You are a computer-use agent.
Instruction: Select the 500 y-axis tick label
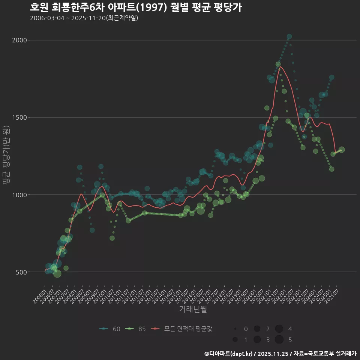[x=22, y=272]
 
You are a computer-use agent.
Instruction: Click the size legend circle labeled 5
[x=279, y=340]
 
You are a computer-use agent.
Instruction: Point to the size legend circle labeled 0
[x=235, y=329]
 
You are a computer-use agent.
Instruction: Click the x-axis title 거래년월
[x=193, y=309]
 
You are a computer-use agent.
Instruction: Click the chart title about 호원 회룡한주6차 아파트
[x=135, y=7]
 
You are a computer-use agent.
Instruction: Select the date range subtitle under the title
[x=84, y=18]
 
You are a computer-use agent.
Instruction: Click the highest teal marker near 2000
[x=289, y=37]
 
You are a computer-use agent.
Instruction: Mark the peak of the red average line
[x=281, y=67]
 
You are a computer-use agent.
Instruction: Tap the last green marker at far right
[x=342, y=150]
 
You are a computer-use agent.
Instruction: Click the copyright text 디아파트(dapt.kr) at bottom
[x=228, y=354]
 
